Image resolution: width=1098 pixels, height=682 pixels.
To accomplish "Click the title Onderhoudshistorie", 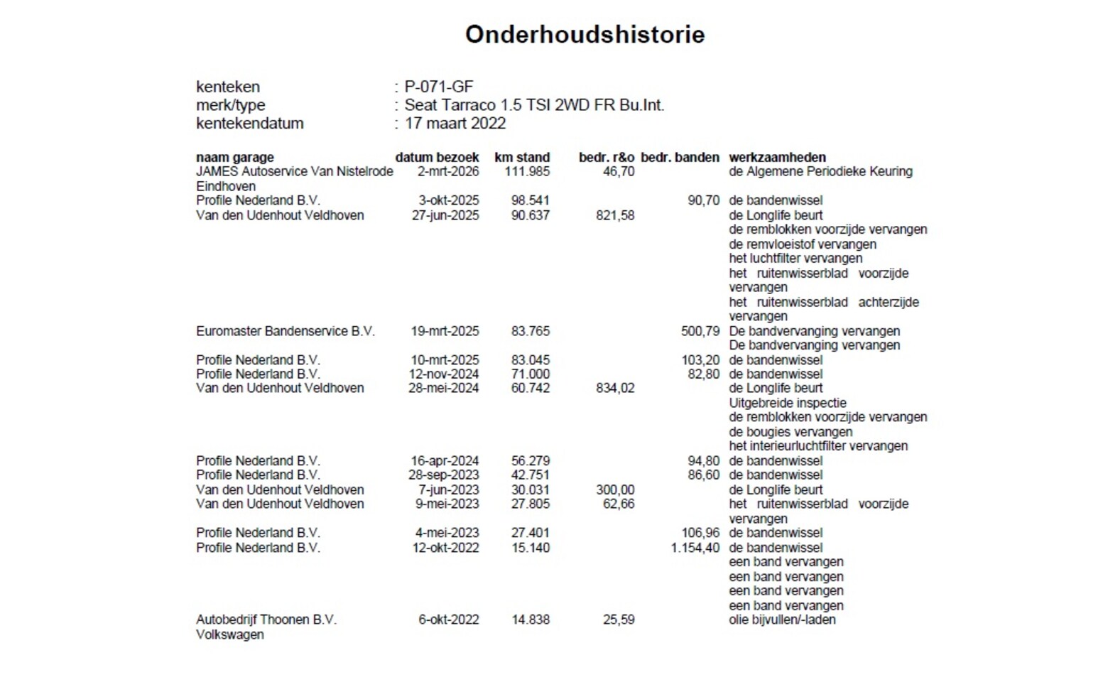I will point(585,34).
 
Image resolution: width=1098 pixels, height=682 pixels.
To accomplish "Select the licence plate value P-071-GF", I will point(438,87).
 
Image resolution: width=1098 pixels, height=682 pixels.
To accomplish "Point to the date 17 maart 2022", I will point(455,123).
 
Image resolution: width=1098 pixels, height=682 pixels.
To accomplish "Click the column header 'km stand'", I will point(522,157).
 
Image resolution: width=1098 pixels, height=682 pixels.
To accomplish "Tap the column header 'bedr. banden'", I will point(680,157).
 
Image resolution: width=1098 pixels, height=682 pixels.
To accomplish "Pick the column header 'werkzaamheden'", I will point(777,157).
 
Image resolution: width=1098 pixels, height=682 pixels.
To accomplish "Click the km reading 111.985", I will point(527,171).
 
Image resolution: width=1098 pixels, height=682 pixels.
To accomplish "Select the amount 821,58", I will point(615,215).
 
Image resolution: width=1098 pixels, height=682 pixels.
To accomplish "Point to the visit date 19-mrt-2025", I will point(445,331).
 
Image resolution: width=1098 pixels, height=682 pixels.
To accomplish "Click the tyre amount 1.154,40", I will point(695,548).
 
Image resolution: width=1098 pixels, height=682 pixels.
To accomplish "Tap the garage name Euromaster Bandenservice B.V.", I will point(285,331).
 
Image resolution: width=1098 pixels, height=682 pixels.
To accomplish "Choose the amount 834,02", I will point(615,388).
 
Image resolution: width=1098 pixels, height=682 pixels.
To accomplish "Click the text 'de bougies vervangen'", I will point(790,432).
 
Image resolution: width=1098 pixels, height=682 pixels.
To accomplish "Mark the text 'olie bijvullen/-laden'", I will point(782,619).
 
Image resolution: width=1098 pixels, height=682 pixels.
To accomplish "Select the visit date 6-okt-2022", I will point(448,619).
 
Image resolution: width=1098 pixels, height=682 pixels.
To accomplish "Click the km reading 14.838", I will point(531,619).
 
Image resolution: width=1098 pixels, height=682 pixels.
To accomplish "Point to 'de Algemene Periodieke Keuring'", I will point(820,171).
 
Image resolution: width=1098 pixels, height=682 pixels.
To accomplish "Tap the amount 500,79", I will point(700,331).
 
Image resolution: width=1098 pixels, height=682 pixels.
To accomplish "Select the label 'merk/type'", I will point(230,105).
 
